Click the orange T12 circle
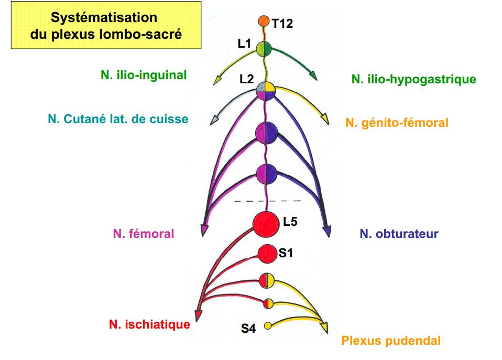tap(264, 21)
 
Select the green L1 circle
tap(263, 50)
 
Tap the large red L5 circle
tap(266, 224)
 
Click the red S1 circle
tap(267, 254)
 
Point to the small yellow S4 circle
tap(267, 325)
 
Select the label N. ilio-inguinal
tap(144, 75)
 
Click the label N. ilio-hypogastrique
tap(414, 79)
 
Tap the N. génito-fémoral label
tap(397, 123)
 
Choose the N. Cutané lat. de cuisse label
tap(118, 119)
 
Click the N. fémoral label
tap(143, 234)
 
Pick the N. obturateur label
tap(399, 234)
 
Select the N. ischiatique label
tap(149, 325)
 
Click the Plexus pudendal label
tap(390, 341)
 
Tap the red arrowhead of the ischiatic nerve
tap(198, 315)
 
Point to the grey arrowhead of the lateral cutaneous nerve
tap(214, 121)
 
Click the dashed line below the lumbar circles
tap(267, 201)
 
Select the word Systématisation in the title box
tap(104, 17)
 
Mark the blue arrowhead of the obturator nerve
tap(328, 230)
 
